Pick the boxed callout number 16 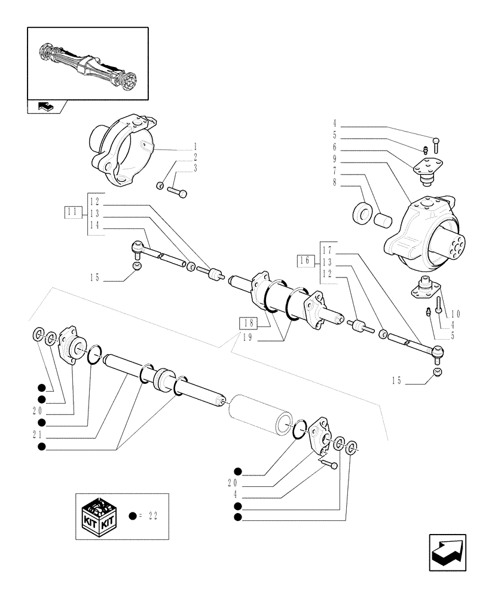point(304,260)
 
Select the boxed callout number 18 point(248,323)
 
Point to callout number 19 point(248,337)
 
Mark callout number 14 point(94,225)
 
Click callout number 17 point(326,249)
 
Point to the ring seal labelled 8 point(361,212)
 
